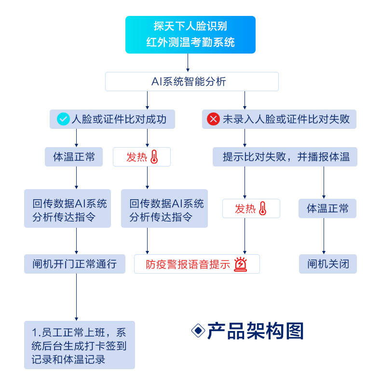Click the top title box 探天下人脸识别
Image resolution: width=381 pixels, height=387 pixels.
[190, 35]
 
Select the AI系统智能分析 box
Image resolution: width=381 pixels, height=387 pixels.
[192, 82]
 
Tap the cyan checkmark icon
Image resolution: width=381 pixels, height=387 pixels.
[63, 119]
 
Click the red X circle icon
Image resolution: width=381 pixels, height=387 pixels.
[213, 119]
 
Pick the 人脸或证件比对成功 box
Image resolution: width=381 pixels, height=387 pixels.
[112, 119]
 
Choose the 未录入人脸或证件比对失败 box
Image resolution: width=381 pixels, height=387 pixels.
[279, 119]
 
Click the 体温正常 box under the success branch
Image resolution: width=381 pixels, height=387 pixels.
[74, 157]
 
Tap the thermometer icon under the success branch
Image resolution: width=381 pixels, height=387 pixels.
[154, 157]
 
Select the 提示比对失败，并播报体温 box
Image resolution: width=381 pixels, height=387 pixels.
[285, 157]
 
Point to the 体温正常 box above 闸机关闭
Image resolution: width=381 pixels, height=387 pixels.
[327, 208]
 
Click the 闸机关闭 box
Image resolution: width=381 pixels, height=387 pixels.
[327, 264]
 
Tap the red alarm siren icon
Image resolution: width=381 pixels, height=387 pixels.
[240, 264]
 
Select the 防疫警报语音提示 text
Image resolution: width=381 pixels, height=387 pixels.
[188, 264]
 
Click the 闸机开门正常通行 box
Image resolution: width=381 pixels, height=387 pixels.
[75, 264]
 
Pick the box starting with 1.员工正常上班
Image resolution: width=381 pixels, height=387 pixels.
[80, 345]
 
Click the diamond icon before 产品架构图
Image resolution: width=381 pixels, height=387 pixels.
[198, 331]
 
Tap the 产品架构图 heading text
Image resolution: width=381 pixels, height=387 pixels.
[256, 331]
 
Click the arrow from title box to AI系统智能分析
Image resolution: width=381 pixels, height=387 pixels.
[188, 63]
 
